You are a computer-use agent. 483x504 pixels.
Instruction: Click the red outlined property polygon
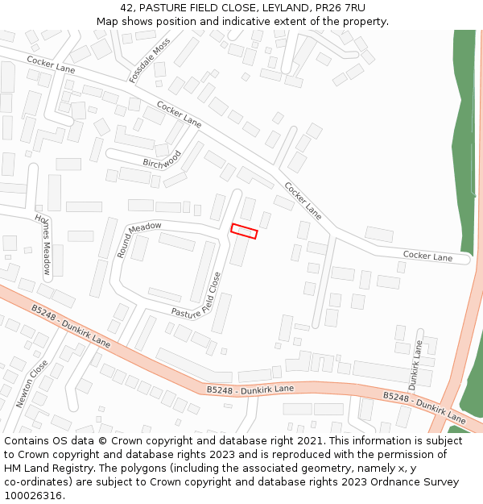coord(244,231)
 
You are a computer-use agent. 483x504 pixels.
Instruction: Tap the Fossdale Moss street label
coord(150,60)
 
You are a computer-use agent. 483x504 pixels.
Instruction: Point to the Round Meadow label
coord(138,239)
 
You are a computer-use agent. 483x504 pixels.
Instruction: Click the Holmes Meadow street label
coord(43,244)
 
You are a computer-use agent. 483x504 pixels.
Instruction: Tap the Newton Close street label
coord(32,384)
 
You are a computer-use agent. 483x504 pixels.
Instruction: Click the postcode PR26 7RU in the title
coord(340,8)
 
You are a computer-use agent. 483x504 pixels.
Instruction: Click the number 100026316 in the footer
coord(33,495)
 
